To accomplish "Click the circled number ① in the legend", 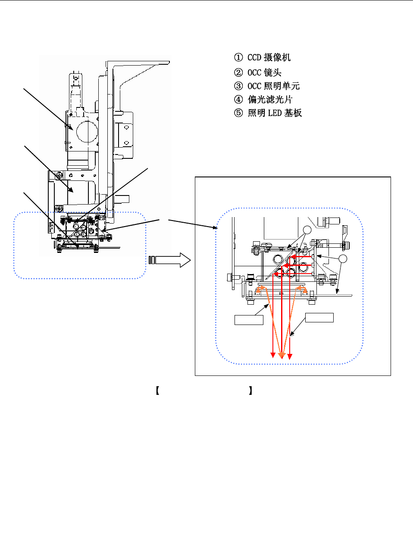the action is pos(238,57).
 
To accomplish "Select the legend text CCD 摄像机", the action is pos(269,57).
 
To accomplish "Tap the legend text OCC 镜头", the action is pos(264,73).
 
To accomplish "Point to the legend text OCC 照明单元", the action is pos(273,86).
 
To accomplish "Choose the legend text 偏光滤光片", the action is pos(270,100).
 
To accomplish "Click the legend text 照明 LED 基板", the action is pos(275,113).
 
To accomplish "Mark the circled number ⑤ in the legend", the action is pos(238,113).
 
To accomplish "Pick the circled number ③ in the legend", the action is pos(238,86).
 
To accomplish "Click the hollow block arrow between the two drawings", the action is pos(169,260).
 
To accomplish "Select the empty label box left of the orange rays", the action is pos(249,320).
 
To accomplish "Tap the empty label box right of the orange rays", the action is pos(319,318).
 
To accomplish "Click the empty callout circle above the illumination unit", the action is pos(307,230).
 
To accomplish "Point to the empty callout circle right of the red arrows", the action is pos(343,259).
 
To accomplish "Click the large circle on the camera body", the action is pos(87,132).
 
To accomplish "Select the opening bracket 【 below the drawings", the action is pos(157,391).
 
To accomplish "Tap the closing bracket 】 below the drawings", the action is pos(250,391).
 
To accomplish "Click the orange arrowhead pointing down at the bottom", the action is pos(282,356).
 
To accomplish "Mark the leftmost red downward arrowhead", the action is pos(273,355).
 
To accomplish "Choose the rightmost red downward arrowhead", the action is pos(290,356).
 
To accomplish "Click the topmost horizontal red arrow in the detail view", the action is pos(301,257).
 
